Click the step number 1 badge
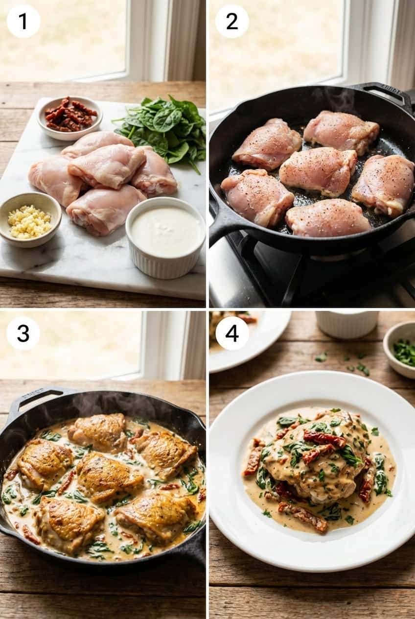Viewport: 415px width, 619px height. click(x=23, y=21)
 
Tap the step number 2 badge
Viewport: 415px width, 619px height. click(x=232, y=21)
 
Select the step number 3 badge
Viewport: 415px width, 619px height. click(x=23, y=333)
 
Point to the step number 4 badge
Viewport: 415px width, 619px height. click(x=232, y=333)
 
